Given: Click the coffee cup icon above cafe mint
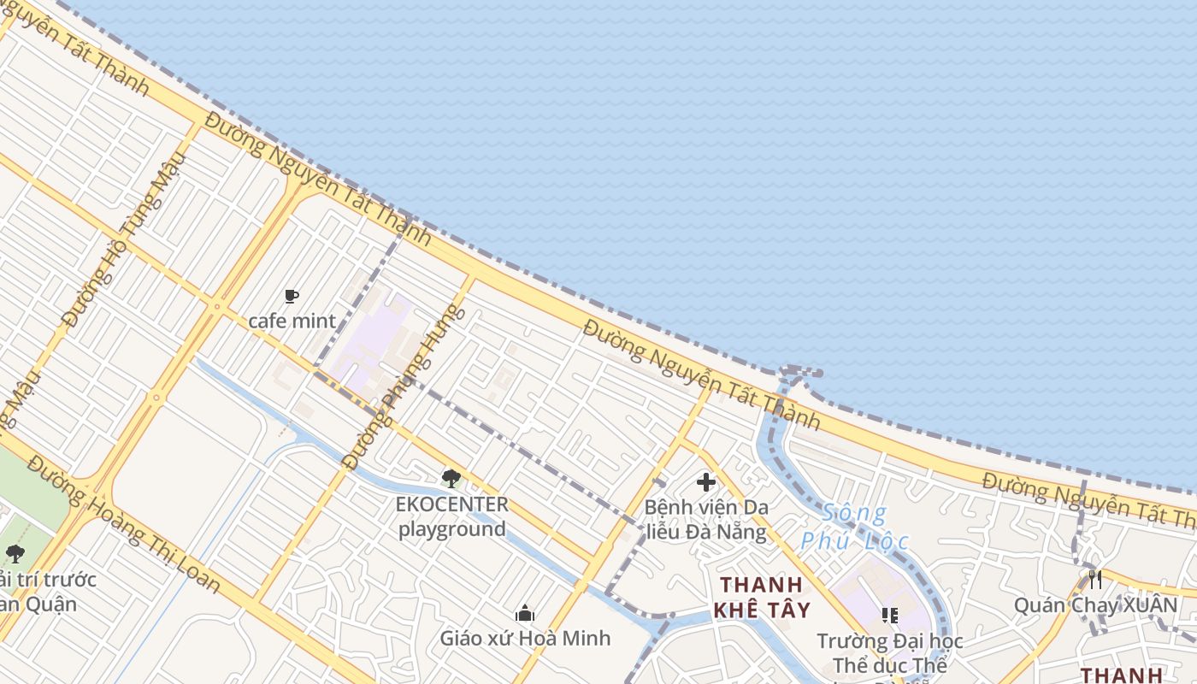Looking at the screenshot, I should coord(292,297).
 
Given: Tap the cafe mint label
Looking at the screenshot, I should coord(292,321).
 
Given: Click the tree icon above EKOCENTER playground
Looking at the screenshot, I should coord(451,479).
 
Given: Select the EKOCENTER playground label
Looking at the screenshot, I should coord(451,516).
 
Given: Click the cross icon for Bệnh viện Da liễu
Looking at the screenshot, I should coord(706,482).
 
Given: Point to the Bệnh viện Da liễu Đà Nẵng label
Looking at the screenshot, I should coord(706,519).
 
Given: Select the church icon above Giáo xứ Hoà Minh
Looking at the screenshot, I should coord(525,613).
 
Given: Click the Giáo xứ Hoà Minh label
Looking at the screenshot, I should coord(525,638).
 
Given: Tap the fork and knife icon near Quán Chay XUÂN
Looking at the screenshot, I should coord(1095,580).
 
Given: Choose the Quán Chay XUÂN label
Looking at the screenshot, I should coord(1095,605).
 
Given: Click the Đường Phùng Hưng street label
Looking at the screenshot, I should coord(404,387).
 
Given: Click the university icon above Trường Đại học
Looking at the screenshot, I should coord(889,616).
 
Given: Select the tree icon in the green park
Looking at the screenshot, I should coord(15,554).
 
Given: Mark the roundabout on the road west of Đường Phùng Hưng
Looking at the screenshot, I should coord(156,398).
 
